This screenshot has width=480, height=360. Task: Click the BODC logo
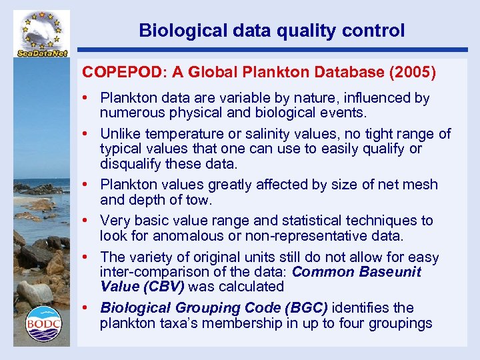click(x=43, y=323)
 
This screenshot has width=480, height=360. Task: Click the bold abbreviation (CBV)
click(x=163, y=287)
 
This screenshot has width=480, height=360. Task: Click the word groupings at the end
click(x=401, y=324)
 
